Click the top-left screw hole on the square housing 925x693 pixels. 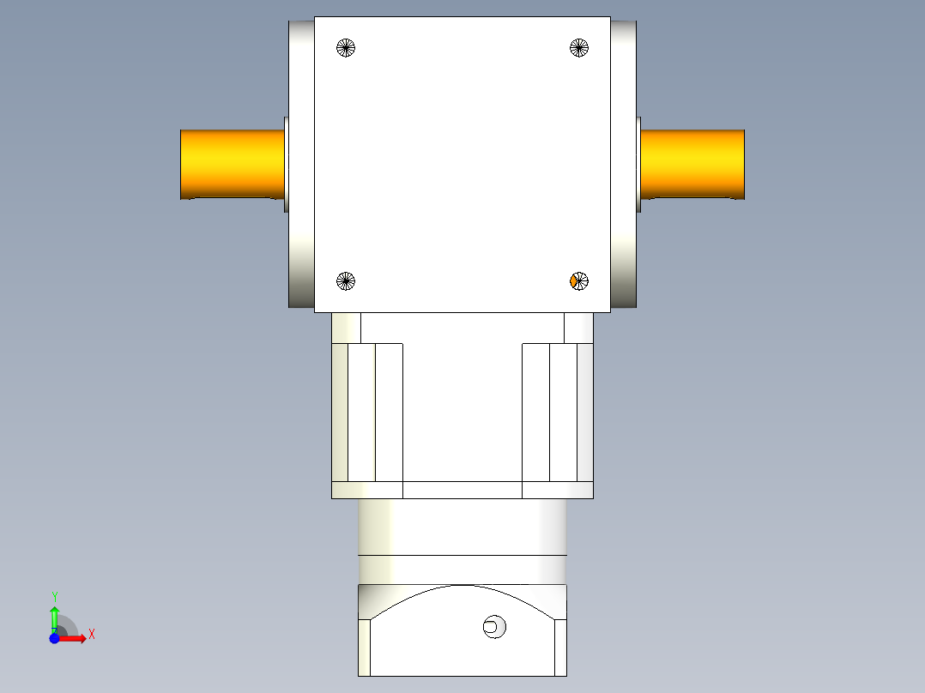[x=346, y=48]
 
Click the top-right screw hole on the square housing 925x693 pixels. [x=579, y=48]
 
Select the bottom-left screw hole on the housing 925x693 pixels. [x=346, y=280]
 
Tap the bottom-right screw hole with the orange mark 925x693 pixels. [x=579, y=280]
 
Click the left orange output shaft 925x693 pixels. [x=232, y=164]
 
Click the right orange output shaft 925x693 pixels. [x=692, y=164]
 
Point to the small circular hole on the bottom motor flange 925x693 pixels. [x=493, y=627]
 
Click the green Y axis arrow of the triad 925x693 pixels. [x=54, y=616]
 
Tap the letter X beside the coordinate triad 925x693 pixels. [x=91, y=635]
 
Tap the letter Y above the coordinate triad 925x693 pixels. [x=54, y=596]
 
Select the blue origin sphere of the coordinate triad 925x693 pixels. [x=54, y=638]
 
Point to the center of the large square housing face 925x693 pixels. [x=462, y=164]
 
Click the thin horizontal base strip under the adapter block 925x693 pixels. [x=462, y=490]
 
